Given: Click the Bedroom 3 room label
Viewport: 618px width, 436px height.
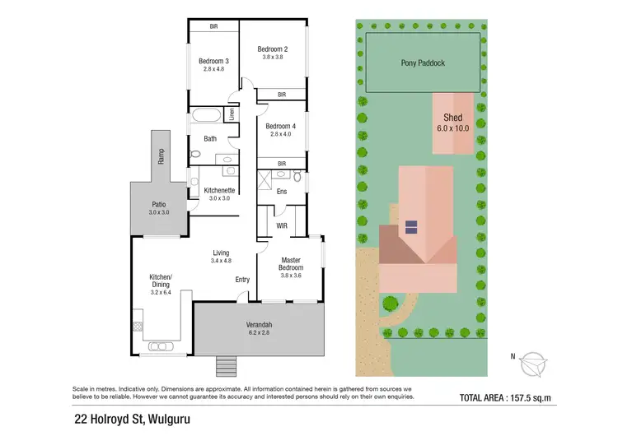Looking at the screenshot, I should tap(213, 61).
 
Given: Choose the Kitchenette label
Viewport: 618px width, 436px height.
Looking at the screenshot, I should tap(220, 190).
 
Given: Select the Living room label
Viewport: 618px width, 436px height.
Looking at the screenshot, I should tap(221, 253).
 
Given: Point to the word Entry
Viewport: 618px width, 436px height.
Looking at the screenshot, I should tap(242, 280).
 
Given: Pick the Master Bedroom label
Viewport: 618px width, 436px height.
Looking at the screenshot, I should tap(292, 264).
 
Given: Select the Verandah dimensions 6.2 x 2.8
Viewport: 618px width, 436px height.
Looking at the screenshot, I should tap(259, 333).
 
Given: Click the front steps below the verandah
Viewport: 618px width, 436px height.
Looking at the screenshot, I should tap(226, 365).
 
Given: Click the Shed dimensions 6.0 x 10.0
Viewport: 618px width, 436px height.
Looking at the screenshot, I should tap(452, 128).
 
